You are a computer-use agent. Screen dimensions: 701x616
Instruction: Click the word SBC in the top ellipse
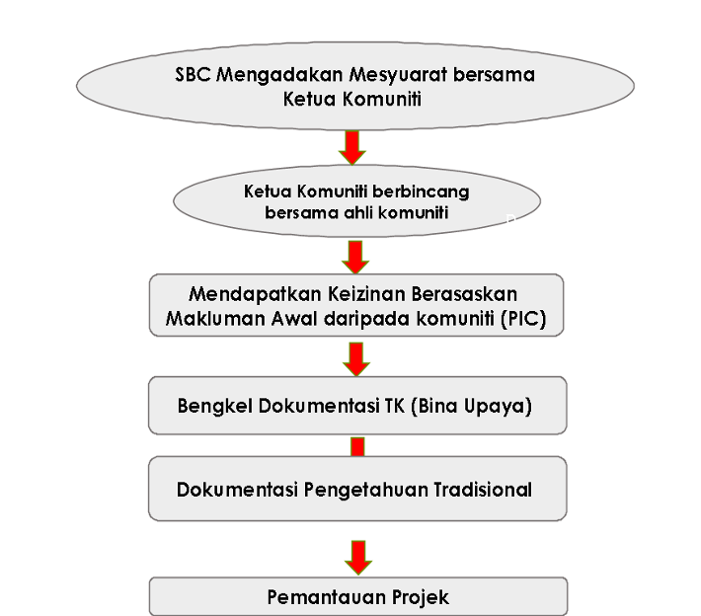click(193, 74)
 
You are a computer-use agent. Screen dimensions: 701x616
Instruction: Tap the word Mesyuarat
click(398, 75)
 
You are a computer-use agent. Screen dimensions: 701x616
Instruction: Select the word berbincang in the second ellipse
click(421, 192)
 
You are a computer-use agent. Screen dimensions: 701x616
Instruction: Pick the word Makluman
click(215, 319)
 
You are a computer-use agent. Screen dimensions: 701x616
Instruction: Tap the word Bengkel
click(214, 407)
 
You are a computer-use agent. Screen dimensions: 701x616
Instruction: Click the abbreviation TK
click(395, 406)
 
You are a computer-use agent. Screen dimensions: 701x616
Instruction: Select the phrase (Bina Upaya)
click(471, 407)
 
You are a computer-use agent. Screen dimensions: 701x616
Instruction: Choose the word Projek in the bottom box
click(421, 597)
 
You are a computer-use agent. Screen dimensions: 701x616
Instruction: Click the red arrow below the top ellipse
click(352, 147)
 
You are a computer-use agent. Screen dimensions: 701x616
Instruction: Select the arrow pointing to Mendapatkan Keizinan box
click(355, 258)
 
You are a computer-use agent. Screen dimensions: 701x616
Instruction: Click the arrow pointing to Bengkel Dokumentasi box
click(356, 359)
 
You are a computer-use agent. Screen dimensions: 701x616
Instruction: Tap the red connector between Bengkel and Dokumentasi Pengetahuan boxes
click(357, 447)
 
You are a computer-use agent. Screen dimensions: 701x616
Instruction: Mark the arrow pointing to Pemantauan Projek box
click(358, 558)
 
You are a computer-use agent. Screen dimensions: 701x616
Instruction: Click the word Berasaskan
click(464, 294)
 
